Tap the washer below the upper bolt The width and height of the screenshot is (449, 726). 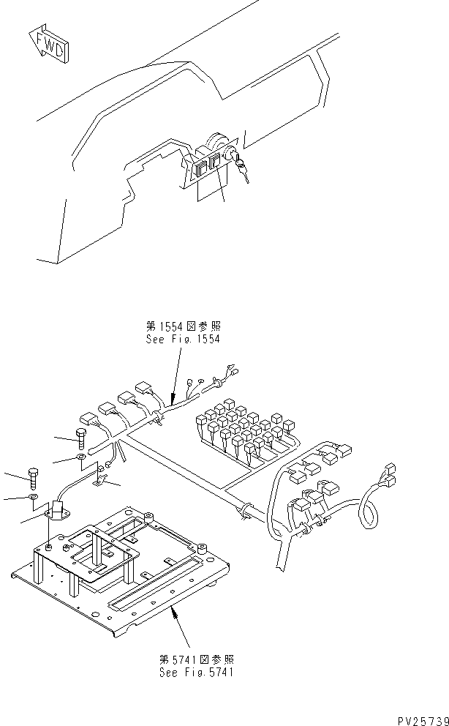click(80, 460)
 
